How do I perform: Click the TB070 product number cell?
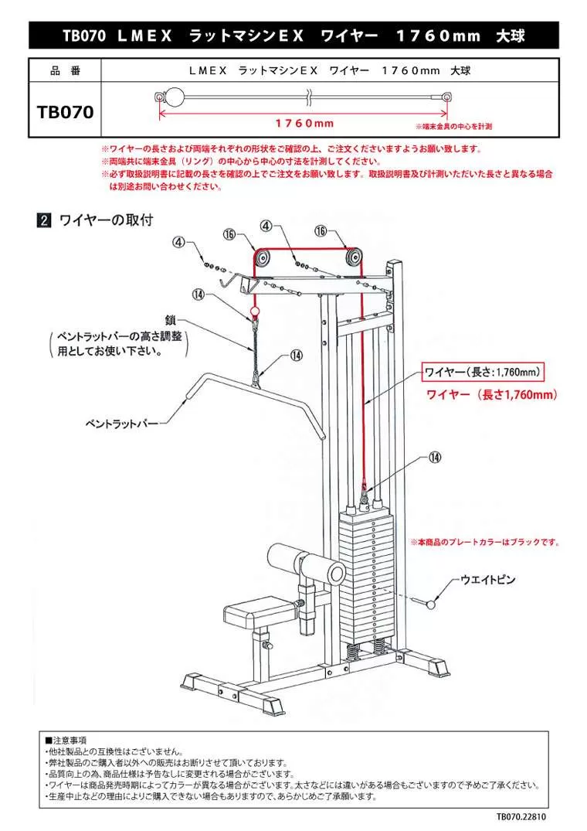coord(65,111)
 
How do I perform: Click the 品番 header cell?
coord(65,70)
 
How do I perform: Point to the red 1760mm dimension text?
coord(304,124)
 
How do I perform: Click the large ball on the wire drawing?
coord(175,97)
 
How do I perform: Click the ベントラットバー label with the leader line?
coord(121,424)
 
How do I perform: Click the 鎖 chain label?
coord(171,318)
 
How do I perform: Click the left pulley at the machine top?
coord(263,259)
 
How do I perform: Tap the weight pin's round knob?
coord(429,602)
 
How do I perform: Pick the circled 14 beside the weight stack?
coord(435,458)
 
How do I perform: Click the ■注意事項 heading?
coord(66,740)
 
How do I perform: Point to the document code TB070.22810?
coord(525,816)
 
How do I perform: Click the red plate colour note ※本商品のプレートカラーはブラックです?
coord(485,543)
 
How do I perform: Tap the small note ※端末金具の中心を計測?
coord(453,125)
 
